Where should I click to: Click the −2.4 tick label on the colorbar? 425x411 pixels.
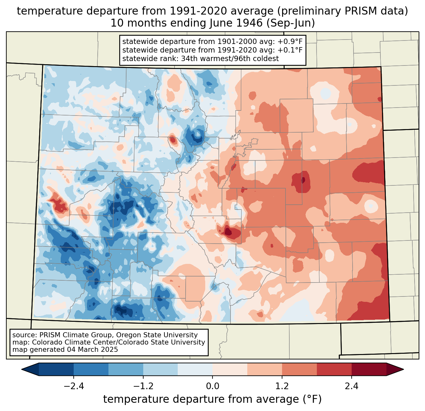[x=74, y=386]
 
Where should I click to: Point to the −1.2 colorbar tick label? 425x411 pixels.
[x=143, y=386]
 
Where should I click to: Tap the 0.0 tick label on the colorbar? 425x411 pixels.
[x=212, y=386]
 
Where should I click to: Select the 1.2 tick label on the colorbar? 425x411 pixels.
[x=282, y=386]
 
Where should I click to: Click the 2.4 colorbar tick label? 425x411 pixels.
[x=352, y=386]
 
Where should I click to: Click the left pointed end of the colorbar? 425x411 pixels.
[x=22, y=370]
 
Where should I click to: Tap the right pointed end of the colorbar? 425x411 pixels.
[x=403, y=370]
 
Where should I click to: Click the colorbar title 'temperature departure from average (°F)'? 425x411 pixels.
[x=212, y=399]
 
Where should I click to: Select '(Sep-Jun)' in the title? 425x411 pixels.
[x=291, y=23]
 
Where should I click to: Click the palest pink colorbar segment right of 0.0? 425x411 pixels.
[x=230, y=370]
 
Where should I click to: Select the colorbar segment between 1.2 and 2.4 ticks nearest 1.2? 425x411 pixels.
[x=299, y=370]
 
